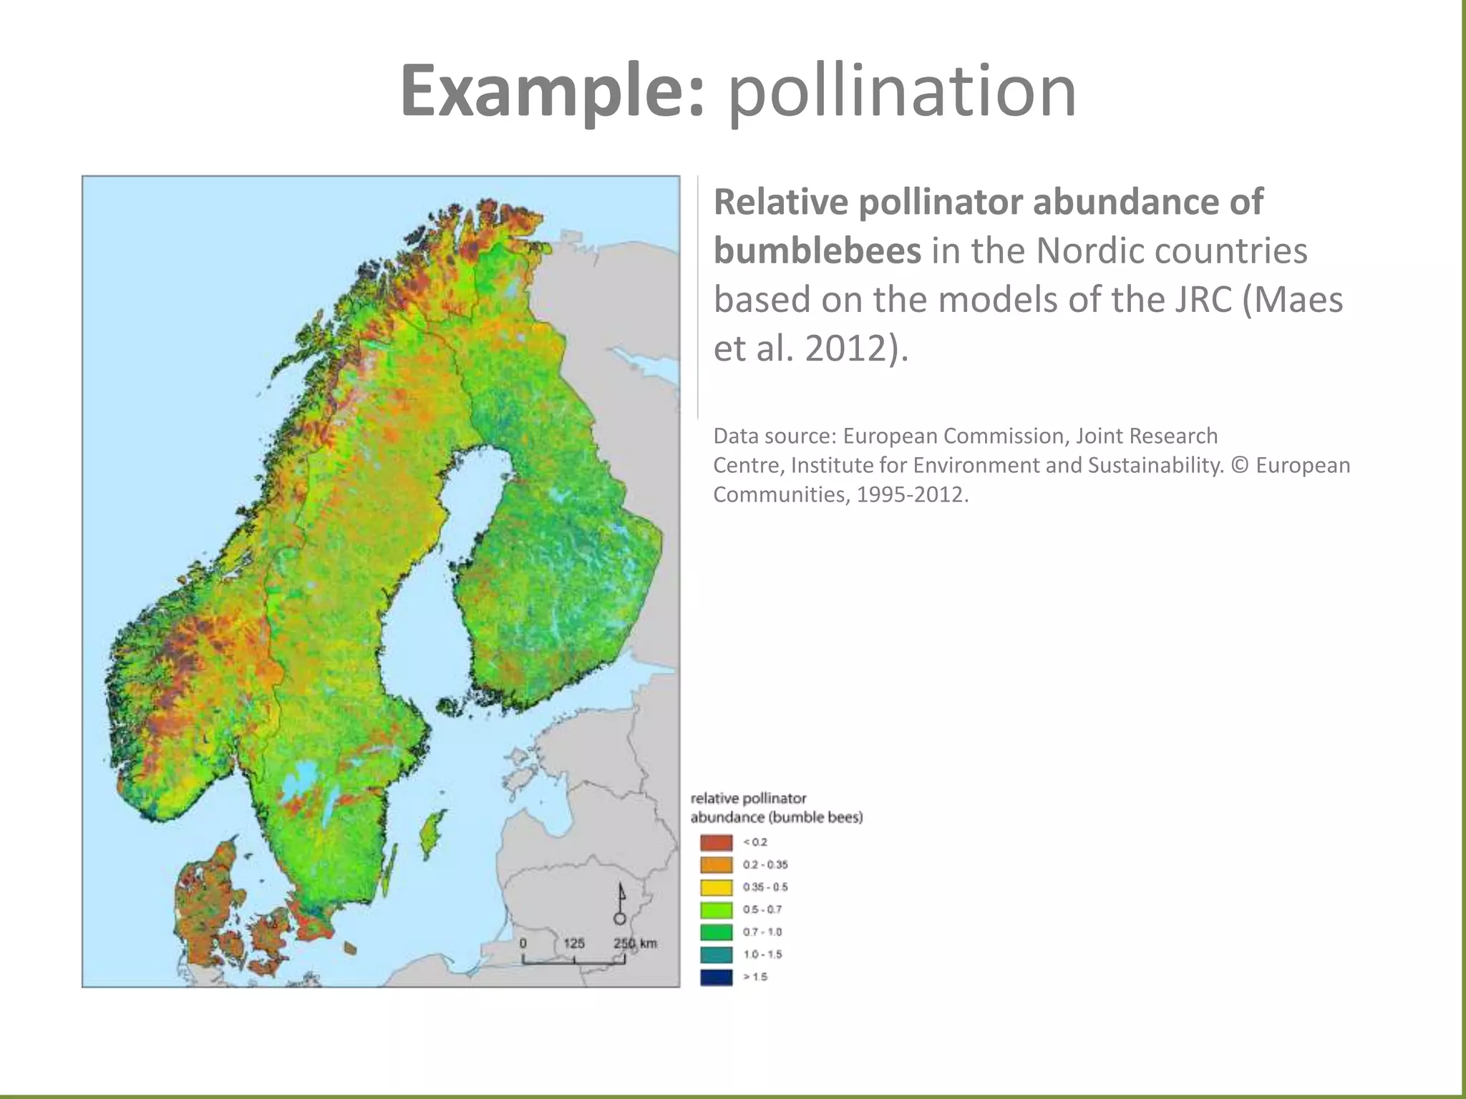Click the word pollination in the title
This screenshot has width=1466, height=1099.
[x=902, y=92]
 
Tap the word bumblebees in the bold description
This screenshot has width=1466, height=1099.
[x=817, y=250]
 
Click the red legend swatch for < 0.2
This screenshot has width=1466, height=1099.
[x=716, y=842]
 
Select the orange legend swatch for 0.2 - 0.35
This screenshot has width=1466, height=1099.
[x=716, y=865]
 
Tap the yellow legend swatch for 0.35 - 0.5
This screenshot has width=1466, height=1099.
[x=716, y=887]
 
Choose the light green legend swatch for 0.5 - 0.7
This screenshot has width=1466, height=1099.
[x=716, y=910]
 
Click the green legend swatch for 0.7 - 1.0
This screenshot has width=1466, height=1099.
[x=716, y=932]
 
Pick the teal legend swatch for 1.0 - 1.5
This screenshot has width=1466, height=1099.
[x=716, y=954]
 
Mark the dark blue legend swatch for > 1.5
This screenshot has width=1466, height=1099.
[x=716, y=977]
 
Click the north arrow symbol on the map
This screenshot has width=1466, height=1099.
[x=621, y=904]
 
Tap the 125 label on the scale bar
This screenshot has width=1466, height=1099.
[x=573, y=943]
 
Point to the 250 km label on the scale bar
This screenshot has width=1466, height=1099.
[x=635, y=943]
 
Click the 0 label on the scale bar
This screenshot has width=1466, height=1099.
[x=523, y=943]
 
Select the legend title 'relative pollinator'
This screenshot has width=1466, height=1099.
[x=748, y=798]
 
